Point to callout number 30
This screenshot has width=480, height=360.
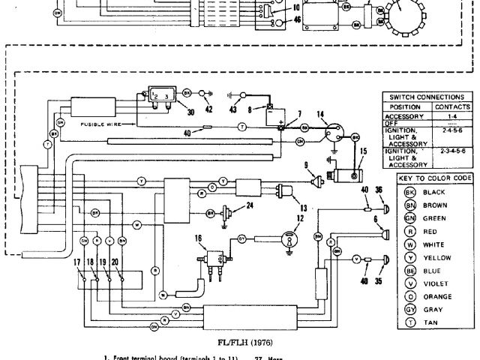point(190,112)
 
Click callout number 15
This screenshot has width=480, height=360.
point(364,151)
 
